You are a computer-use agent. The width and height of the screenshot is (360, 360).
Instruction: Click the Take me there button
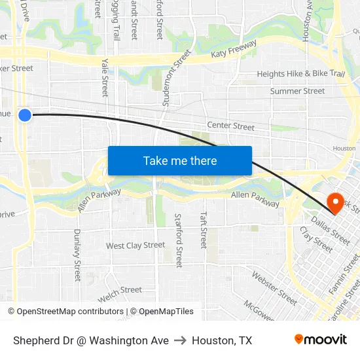point(180,160)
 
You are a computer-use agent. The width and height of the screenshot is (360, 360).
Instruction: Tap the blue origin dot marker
point(25,115)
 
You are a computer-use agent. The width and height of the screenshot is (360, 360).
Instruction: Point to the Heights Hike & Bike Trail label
point(300,74)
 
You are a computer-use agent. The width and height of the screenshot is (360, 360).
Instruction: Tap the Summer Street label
point(297,91)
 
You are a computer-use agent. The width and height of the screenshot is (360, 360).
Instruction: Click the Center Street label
point(230,126)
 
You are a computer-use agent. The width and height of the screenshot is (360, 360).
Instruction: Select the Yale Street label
point(105,77)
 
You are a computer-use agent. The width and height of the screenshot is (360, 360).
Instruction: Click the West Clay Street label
point(135,245)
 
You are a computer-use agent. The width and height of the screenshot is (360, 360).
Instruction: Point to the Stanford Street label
point(177,240)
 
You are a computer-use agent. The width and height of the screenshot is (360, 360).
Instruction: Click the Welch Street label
point(120,290)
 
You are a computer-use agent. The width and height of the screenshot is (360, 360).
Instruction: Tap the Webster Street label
point(274,289)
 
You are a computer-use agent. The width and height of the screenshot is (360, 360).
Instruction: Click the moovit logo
point(321,340)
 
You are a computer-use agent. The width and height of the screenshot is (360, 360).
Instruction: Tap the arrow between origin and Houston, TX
point(180,340)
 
